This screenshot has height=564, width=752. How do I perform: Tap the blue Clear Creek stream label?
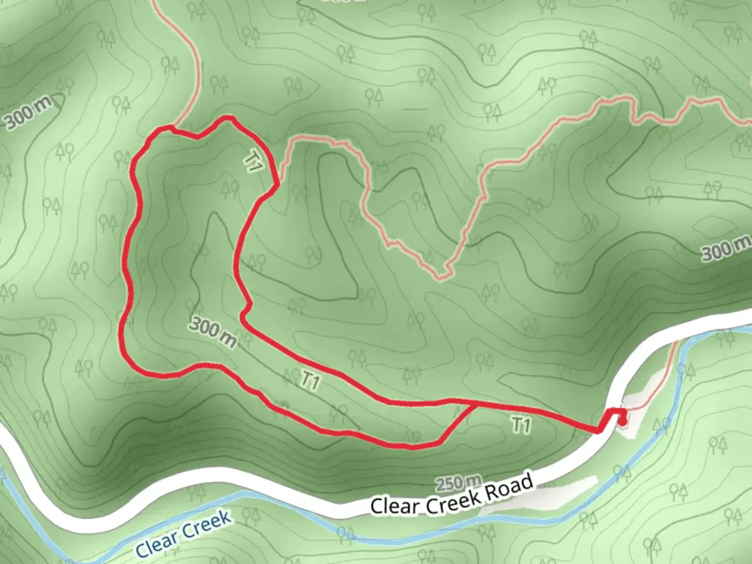(x=183, y=534)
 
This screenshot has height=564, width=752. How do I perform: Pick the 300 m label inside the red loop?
(x=213, y=332)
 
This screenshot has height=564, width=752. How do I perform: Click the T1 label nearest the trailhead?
(x=521, y=425)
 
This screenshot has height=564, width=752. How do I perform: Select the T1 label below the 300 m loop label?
(x=310, y=381)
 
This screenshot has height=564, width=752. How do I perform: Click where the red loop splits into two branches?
(x=475, y=403)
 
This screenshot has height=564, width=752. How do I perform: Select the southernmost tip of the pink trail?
(x=441, y=277)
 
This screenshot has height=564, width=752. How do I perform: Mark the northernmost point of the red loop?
(x=227, y=119)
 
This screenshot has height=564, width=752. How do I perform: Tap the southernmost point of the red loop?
(x=413, y=447)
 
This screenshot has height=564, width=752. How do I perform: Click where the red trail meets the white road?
(x=601, y=430)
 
